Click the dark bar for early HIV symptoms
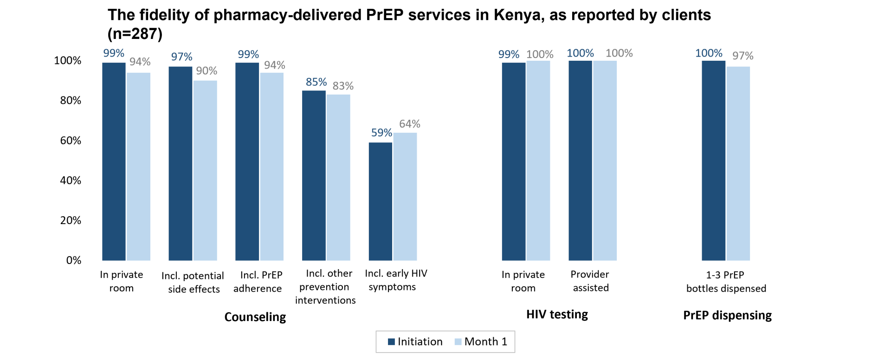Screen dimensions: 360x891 pyautogui.click(x=381, y=201)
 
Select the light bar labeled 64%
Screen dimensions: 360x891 pyautogui.click(x=405, y=197)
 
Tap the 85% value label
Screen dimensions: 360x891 pyautogui.click(x=316, y=82)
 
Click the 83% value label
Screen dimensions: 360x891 pyautogui.click(x=343, y=86)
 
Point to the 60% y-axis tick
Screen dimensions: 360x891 pyautogui.click(x=71, y=141)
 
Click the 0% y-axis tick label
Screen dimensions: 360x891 pyautogui.click(x=73, y=260)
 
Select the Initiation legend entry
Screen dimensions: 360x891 pyautogui.click(x=415, y=342)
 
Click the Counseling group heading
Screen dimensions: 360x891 pyautogui.click(x=255, y=317)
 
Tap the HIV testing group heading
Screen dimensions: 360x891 pyautogui.click(x=557, y=315)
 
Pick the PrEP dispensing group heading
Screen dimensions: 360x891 pyautogui.click(x=727, y=315)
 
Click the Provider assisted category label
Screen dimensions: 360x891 pyautogui.click(x=590, y=281)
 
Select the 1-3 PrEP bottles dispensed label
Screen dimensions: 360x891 pyautogui.click(x=726, y=282)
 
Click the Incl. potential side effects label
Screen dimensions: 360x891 pyautogui.click(x=193, y=283)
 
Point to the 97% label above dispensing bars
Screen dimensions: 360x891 pyautogui.click(x=742, y=56)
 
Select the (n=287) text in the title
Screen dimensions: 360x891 pyautogui.click(x=135, y=34)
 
